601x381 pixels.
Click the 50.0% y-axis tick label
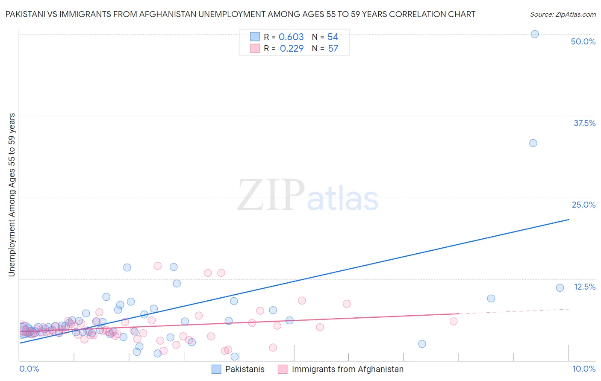pyautogui.click(x=583, y=41)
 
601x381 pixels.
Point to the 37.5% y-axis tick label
pyautogui.click(x=584, y=123)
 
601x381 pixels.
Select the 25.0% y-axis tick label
pyautogui.click(x=583, y=205)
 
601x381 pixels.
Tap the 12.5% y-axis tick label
pyautogui.click(x=584, y=287)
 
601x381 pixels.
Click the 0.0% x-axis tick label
pyautogui.click(x=29, y=369)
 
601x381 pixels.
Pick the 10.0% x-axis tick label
pyautogui.click(x=583, y=369)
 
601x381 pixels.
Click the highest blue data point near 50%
pyautogui.click(x=534, y=34)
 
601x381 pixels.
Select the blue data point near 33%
pyautogui.click(x=533, y=143)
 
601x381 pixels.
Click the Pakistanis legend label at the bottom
pyautogui.click(x=245, y=369)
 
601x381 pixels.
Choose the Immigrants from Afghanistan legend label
pyautogui.click(x=347, y=369)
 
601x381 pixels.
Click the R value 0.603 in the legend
pyautogui.click(x=291, y=37)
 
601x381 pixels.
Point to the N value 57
pyautogui.click(x=333, y=48)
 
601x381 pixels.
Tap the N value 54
pyautogui.click(x=333, y=37)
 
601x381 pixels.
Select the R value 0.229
pyautogui.click(x=292, y=48)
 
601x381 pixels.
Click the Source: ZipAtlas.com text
pyautogui.click(x=563, y=14)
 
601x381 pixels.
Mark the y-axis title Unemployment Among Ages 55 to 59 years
pyautogui.click(x=12, y=195)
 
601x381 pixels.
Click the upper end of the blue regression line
pyautogui.click(x=569, y=220)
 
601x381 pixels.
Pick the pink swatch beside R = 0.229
pyautogui.click(x=255, y=48)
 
